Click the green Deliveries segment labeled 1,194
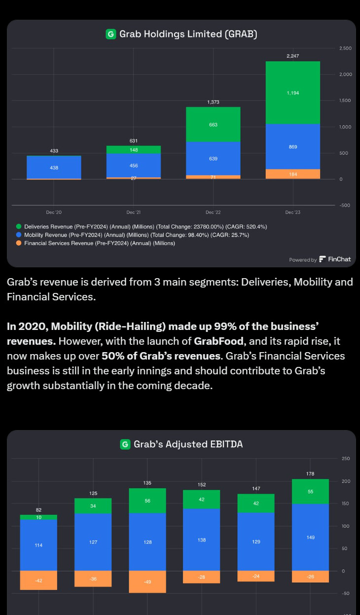tap(292, 93)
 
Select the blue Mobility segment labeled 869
tap(292, 146)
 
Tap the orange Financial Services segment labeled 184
tap(292, 174)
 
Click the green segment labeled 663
tap(213, 125)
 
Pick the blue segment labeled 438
tap(54, 168)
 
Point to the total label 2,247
tap(292, 56)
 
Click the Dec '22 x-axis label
tap(213, 212)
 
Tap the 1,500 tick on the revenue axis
tap(345, 101)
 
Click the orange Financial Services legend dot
tap(19, 243)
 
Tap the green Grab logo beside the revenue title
tap(110, 34)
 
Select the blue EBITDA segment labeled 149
tap(310, 537)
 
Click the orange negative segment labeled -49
tap(147, 582)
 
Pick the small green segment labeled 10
tap(38, 517)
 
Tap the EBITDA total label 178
tap(310, 473)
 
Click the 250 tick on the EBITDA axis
tap(345, 459)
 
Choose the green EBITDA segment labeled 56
tap(147, 501)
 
